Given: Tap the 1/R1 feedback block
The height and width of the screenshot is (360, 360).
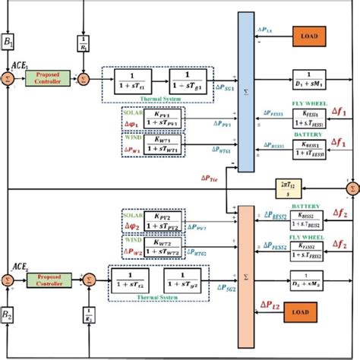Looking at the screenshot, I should [84, 44].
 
